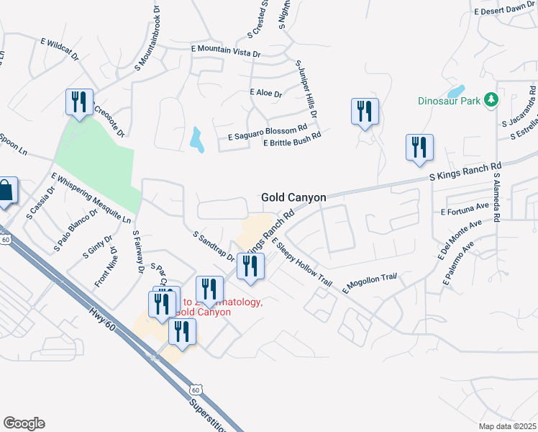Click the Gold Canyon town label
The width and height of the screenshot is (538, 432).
(293, 197)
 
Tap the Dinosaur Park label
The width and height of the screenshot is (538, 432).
(449, 102)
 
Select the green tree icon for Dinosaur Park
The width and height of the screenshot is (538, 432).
(491, 99)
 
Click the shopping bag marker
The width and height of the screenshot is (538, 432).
(6, 192)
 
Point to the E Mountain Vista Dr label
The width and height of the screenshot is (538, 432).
(226, 49)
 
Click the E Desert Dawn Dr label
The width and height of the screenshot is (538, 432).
(505, 9)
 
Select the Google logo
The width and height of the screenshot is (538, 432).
(24, 423)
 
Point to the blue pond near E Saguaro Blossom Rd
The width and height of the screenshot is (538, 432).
(197, 140)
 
